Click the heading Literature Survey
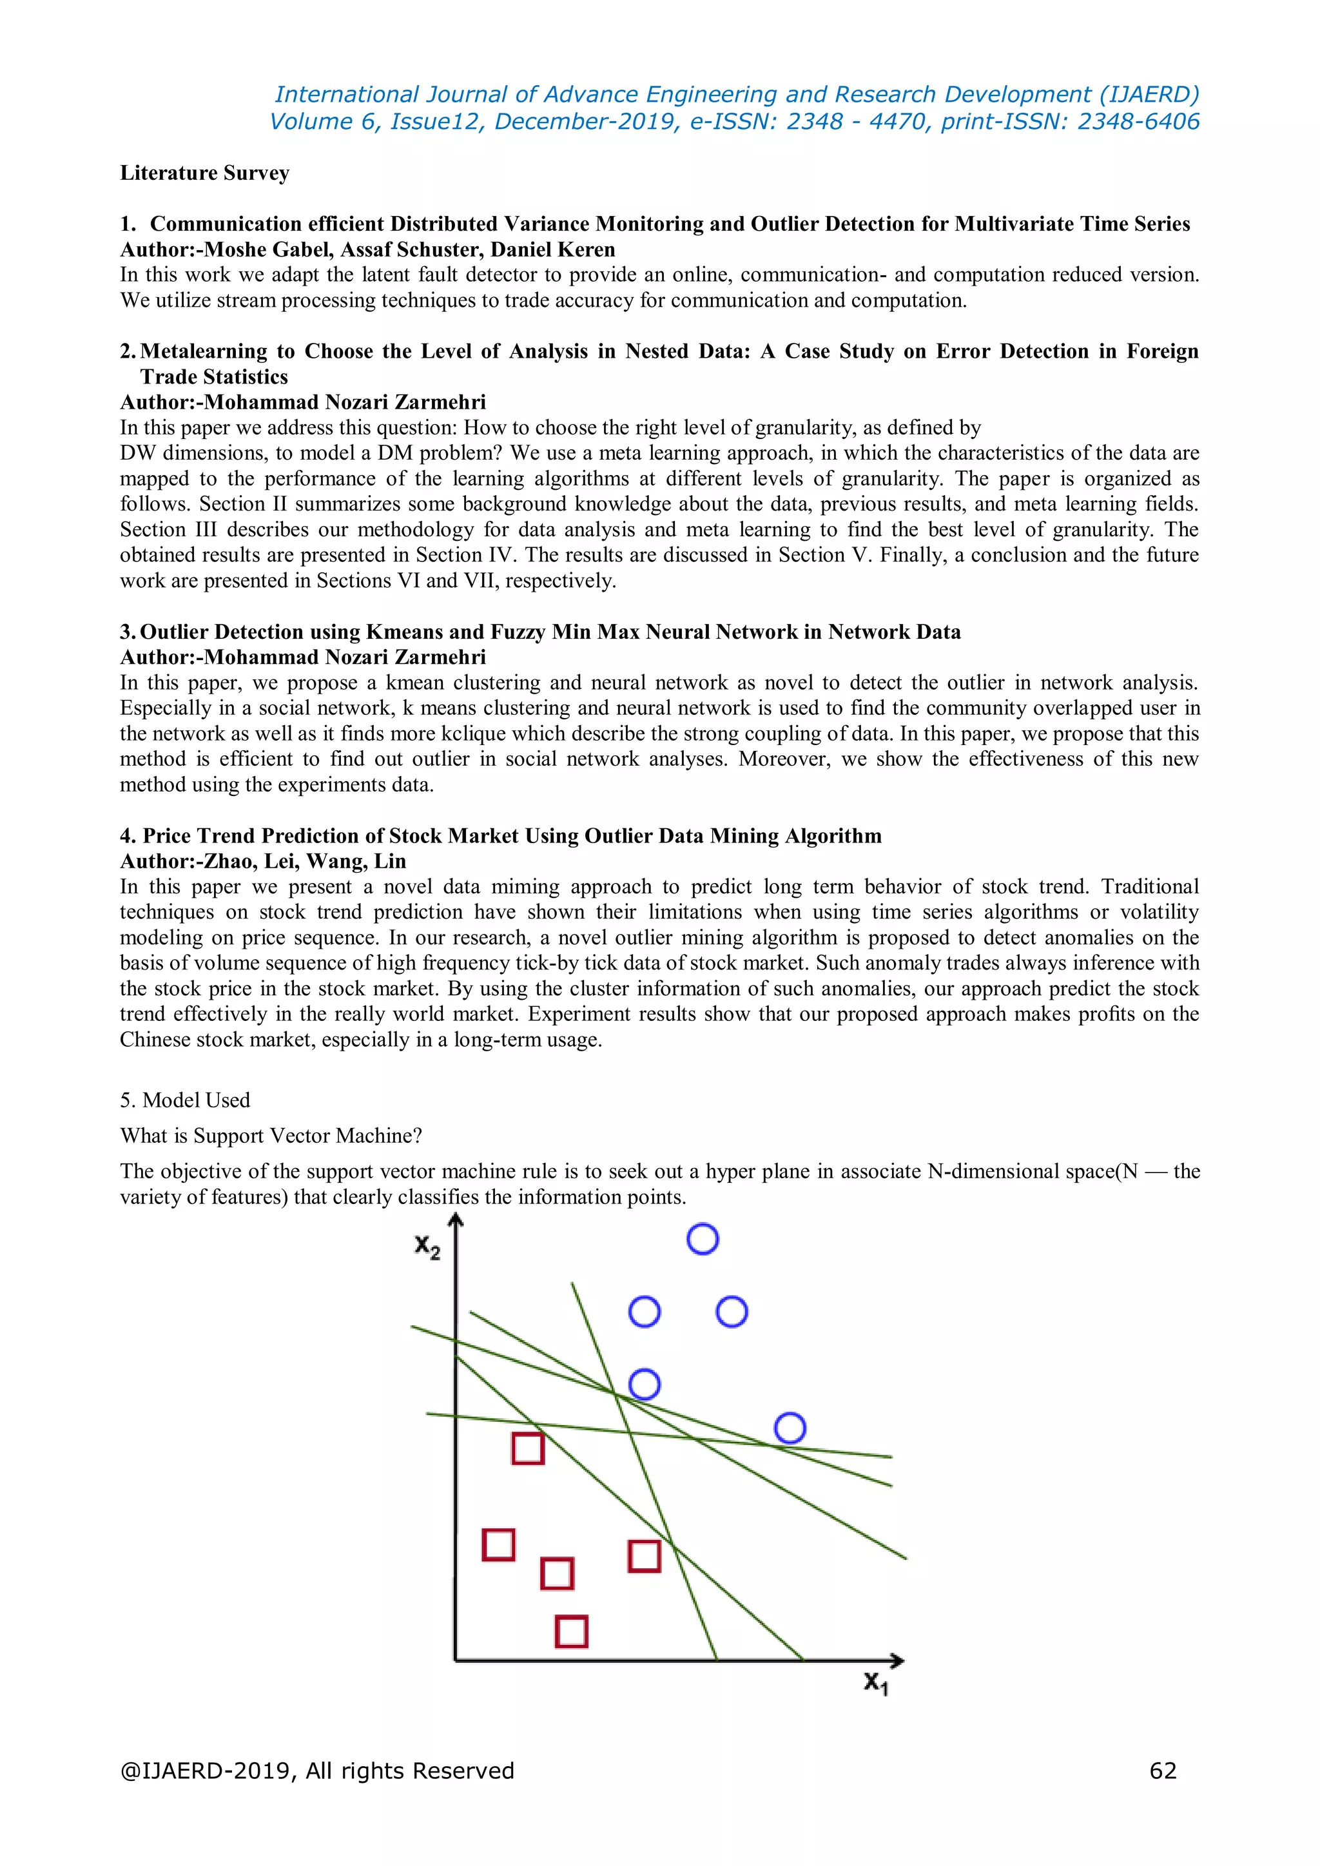tap(204, 173)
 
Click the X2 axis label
tap(427, 1247)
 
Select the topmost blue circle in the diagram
tap(703, 1239)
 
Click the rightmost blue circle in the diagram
tap(790, 1428)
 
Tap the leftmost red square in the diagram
tap(498, 1545)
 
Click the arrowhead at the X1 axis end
tap(897, 1660)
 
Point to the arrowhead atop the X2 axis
tap(456, 1219)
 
